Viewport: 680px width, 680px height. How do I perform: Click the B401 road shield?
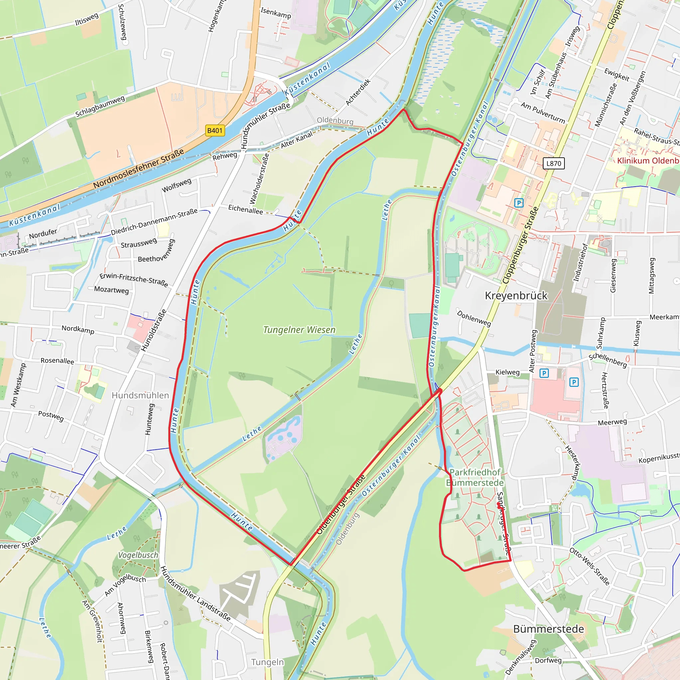[x=215, y=130]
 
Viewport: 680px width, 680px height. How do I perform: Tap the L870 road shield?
[x=553, y=163]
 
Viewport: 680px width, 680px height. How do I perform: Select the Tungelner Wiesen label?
[x=299, y=330]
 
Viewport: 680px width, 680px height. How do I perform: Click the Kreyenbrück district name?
[x=516, y=296]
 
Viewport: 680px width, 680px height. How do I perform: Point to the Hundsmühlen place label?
[x=140, y=395]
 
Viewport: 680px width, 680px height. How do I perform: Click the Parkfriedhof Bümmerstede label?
[x=475, y=477]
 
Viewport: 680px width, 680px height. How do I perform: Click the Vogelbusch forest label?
[x=138, y=555]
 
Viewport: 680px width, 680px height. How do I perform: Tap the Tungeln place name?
[x=267, y=662]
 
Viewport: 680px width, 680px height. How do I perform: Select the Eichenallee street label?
[x=245, y=210]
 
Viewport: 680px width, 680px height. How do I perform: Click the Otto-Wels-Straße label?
[x=589, y=566]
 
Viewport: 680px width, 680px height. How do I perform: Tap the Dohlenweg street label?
[x=474, y=318]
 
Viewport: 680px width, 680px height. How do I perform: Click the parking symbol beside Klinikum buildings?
[x=518, y=203]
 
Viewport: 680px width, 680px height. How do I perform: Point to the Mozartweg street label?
[x=111, y=290]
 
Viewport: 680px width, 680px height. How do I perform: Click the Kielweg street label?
[x=507, y=373]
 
